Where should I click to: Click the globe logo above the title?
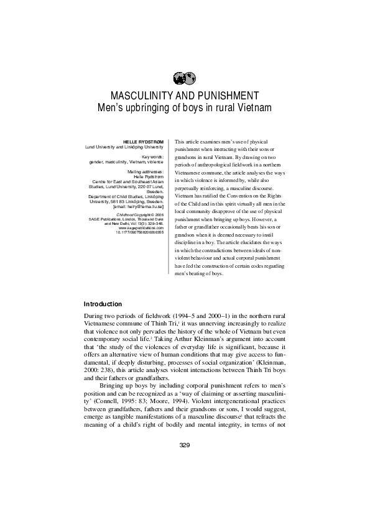click(184, 78)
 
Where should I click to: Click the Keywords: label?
click(151, 157)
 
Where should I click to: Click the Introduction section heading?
click(103, 304)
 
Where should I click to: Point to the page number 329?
click(184, 445)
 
